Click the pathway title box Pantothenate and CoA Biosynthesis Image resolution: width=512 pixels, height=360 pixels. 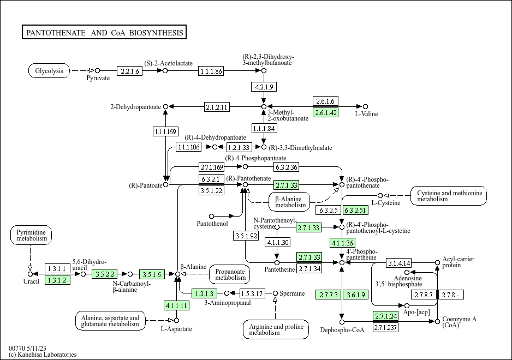pos(104,32)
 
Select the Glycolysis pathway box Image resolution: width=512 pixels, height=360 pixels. pos(49,71)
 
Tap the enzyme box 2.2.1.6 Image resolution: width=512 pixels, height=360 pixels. pos(129,71)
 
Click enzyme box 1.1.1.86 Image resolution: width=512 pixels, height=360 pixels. pos(211,71)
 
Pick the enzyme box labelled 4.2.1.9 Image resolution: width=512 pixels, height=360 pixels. pos(264,87)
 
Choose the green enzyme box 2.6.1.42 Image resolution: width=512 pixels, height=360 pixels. pos(325,112)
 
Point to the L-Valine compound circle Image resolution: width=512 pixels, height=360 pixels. pos(365,107)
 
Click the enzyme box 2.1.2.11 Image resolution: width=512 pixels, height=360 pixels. pos(217,107)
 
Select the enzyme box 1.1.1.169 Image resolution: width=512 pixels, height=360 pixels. pos(165,131)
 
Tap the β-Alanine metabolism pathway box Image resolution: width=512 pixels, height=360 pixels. pos(289,202)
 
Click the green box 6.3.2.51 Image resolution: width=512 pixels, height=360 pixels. pos(355,210)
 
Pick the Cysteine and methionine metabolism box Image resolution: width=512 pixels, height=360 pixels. pos(449,196)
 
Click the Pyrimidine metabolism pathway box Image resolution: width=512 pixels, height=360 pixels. pos(31,235)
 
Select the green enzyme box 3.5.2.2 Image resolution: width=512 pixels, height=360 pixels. pos(104,274)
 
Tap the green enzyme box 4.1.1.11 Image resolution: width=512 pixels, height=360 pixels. pos(176,305)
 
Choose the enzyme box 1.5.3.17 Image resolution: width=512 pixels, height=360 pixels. pos(252,293)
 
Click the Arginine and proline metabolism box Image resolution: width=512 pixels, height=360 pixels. pos(276,329)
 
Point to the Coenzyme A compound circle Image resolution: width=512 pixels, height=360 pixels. pos(438,322)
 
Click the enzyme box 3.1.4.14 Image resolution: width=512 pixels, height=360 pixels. pos(399,263)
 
